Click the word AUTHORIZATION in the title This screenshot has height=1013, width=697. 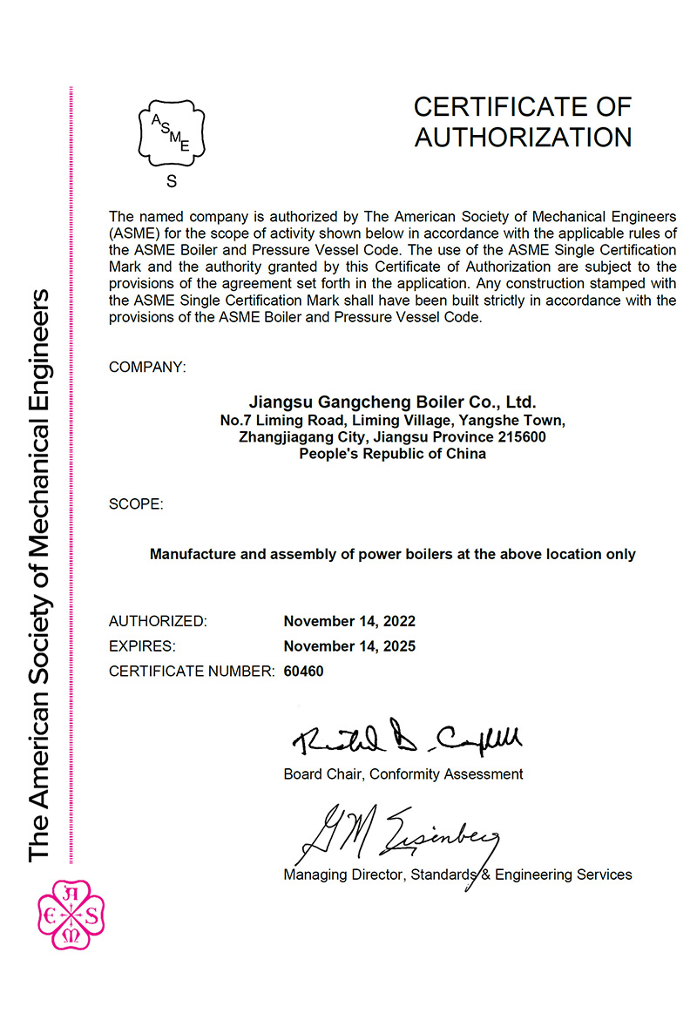523,137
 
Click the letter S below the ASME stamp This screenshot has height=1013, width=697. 171,182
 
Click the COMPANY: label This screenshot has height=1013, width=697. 147,368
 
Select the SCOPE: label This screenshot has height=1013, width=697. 135,504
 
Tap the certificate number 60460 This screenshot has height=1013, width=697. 304,672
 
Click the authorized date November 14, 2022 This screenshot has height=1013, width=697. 349,621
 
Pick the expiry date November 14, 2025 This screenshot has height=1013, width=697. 349,646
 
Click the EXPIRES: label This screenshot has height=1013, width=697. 142,646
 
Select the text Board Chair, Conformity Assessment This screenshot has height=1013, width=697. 403,773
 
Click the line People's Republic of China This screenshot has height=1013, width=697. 392,454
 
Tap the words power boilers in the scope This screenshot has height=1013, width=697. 426,554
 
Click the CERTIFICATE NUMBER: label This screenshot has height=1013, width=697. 192,672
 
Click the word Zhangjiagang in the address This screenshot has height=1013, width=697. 280,437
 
